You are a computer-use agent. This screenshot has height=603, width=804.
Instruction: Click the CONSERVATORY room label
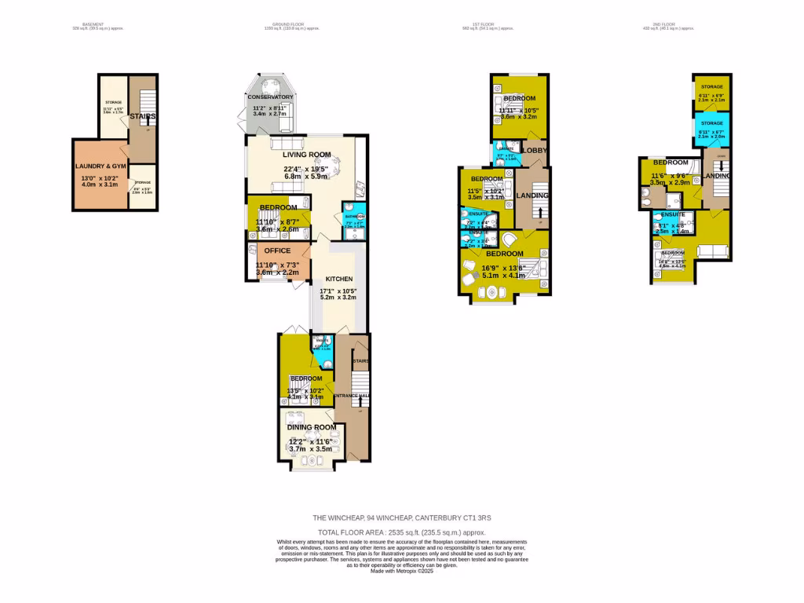(x=270, y=97)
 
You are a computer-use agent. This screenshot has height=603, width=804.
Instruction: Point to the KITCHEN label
(x=338, y=279)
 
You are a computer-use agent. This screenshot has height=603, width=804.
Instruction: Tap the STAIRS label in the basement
(x=143, y=116)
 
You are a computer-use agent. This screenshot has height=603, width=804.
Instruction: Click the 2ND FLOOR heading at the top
(x=668, y=25)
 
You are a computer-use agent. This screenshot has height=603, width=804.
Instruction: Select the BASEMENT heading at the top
(x=93, y=25)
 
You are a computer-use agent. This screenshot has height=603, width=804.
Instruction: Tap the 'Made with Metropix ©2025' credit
(x=401, y=571)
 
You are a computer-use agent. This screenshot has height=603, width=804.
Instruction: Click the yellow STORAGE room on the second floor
(x=712, y=93)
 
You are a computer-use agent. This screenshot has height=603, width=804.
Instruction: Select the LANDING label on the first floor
(x=533, y=196)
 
